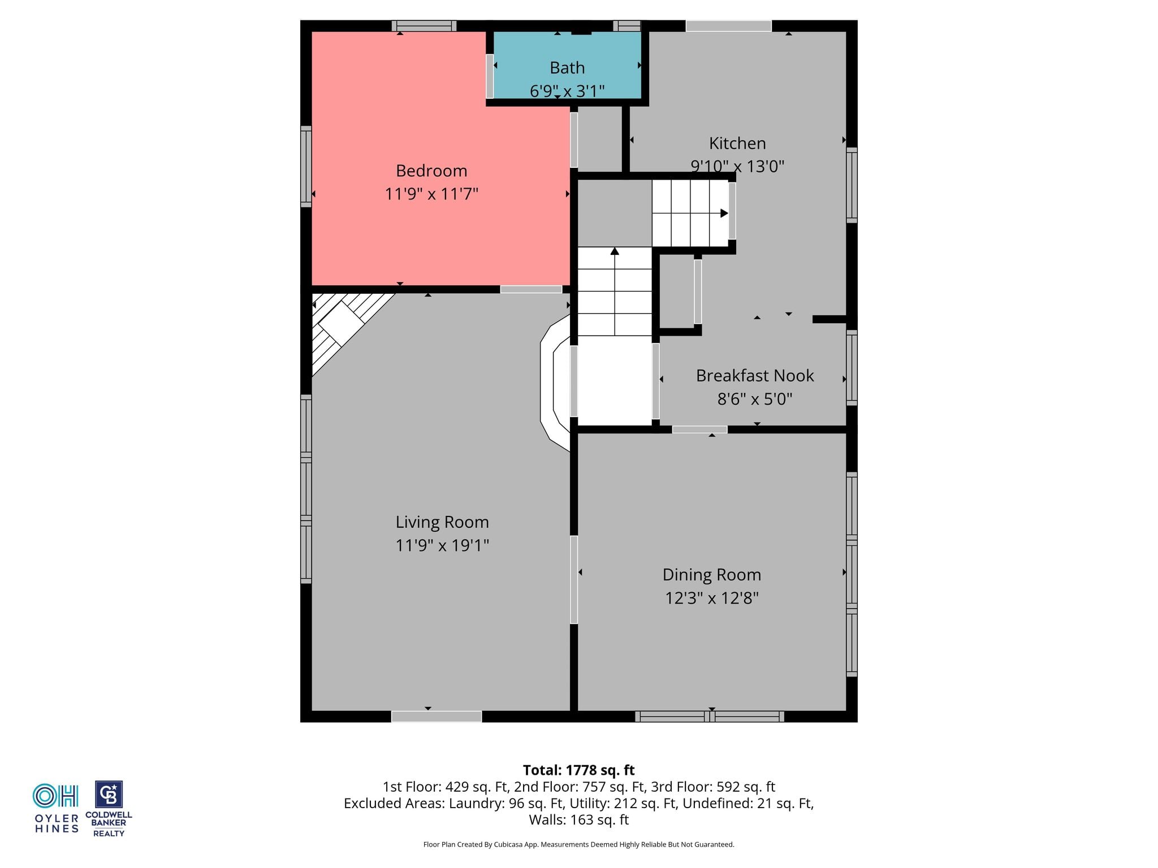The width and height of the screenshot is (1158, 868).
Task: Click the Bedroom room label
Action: tap(431, 171)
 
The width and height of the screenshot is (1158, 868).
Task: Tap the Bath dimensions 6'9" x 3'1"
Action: tap(567, 90)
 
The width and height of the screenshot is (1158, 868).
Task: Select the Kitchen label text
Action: tap(737, 144)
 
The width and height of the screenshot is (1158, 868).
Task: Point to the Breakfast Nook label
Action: tap(755, 376)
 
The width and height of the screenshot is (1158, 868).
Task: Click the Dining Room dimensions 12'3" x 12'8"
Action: tap(712, 598)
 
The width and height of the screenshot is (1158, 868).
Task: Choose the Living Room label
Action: tap(442, 522)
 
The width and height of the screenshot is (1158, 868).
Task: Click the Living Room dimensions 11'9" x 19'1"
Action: tap(442, 545)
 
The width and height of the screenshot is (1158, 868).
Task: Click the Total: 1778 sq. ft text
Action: tap(578, 770)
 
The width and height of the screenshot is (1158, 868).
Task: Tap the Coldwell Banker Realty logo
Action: tap(109, 809)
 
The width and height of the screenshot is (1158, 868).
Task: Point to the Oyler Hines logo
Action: tap(57, 808)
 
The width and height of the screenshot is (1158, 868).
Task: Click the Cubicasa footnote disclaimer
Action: tap(578, 845)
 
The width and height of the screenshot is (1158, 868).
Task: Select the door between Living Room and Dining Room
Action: tap(574, 580)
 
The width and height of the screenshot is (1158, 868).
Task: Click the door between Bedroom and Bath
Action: tap(490, 76)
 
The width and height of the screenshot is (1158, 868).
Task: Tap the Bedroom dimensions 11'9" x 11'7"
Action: tap(431, 194)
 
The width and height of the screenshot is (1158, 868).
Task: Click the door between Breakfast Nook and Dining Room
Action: tap(699, 429)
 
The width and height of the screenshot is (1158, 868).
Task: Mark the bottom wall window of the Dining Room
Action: tap(710, 717)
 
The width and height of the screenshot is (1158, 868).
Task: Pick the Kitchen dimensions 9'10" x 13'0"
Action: tap(737, 167)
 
